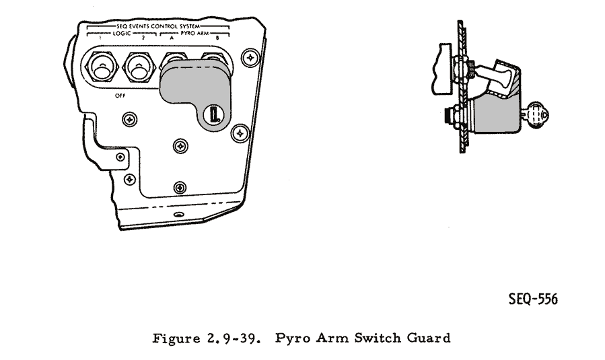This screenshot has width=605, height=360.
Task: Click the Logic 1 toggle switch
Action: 102,69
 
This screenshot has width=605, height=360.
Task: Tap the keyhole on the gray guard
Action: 213,114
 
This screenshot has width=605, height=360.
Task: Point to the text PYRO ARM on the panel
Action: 195,33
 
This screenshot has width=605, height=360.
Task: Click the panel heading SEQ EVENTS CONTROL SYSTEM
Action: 158,26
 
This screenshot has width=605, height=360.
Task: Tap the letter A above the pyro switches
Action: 172,39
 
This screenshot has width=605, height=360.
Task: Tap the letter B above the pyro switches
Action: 217,39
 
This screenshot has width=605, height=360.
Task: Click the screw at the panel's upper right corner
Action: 250,59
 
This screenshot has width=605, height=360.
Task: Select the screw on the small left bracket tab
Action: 120,157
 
